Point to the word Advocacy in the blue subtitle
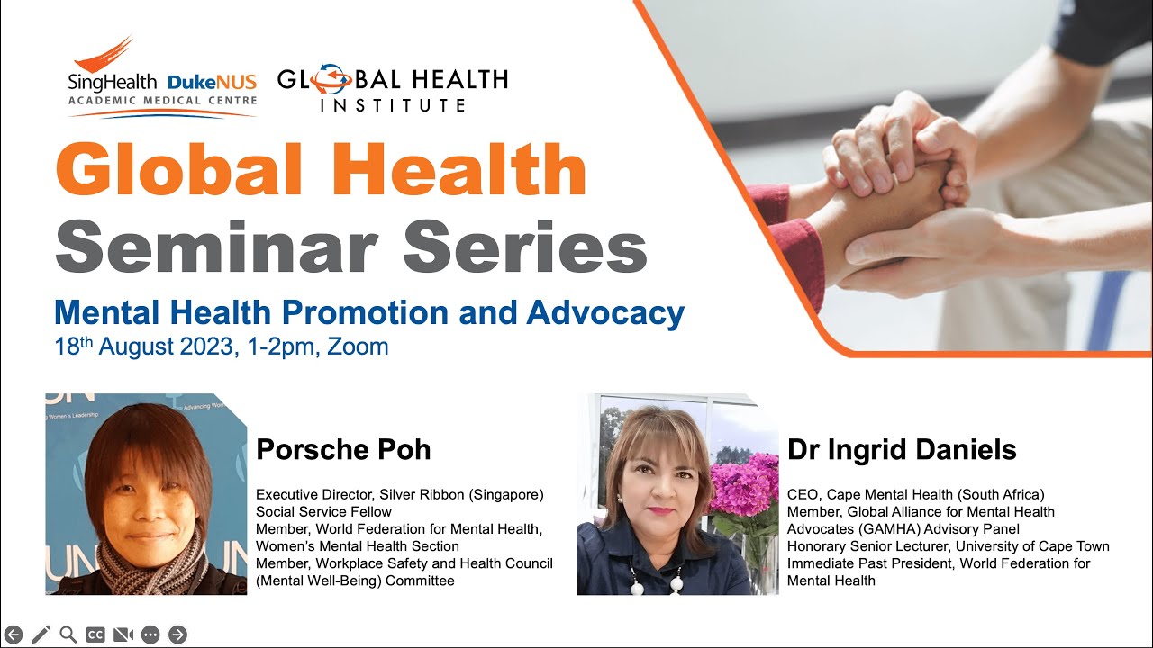click(x=605, y=312)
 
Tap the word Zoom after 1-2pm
click(x=358, y=346)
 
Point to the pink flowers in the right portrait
click(x=744, y=486)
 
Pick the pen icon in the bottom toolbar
click(x=41, y=634)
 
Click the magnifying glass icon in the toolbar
click(x=68, y=634)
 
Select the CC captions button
click(x=95, y=634)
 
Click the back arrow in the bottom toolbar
click(x=14, y=634)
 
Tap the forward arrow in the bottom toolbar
click(x=177, y=634)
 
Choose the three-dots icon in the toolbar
click(x=150, y=634)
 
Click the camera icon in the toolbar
click(x=123, y=634)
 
